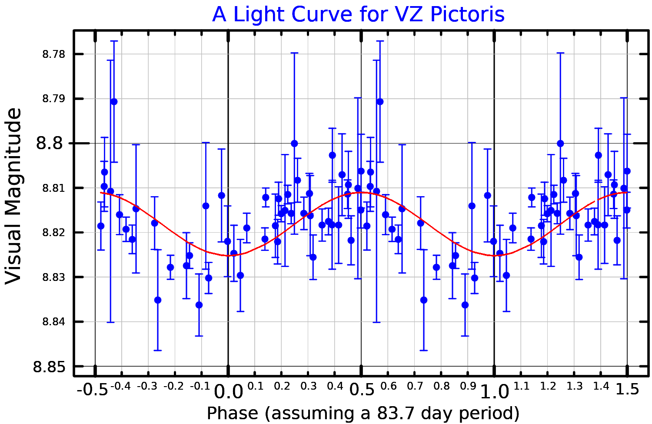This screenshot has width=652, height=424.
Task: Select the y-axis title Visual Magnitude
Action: point(13,197)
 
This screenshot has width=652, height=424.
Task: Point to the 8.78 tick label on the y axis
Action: point(53,54)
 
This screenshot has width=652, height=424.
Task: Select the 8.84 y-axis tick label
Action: point(53,322)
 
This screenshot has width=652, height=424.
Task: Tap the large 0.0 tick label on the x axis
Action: point(229,392)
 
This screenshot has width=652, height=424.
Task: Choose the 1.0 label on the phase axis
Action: point(495,392)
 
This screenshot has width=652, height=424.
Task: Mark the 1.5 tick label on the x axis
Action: point(627,389)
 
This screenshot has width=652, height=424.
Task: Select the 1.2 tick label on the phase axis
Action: point(548,386)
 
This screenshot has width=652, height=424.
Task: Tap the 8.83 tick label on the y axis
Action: point(53,277)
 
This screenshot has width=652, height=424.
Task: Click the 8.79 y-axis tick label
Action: point(53,99)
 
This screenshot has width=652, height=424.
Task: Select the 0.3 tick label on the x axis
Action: point(308,386)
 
